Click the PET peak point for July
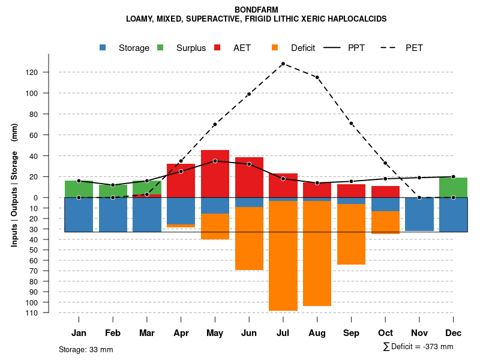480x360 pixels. point(283,64)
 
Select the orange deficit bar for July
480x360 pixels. point(283,256)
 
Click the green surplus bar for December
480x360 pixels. point(453,187)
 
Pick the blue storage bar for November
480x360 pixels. point(419,214)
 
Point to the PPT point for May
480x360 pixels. point(215,161)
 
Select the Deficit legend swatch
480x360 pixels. point(275,48)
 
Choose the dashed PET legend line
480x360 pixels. point(392,48)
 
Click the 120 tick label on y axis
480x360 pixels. point(49,73)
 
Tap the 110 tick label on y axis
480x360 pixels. point(49,313)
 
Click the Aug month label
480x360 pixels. point(317,333)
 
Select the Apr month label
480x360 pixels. point(181,333)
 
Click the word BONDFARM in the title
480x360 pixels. point(256,10)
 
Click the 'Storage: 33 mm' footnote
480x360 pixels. point(86,349)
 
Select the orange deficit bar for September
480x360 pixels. point(351,234)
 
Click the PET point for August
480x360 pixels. point(317,77)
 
